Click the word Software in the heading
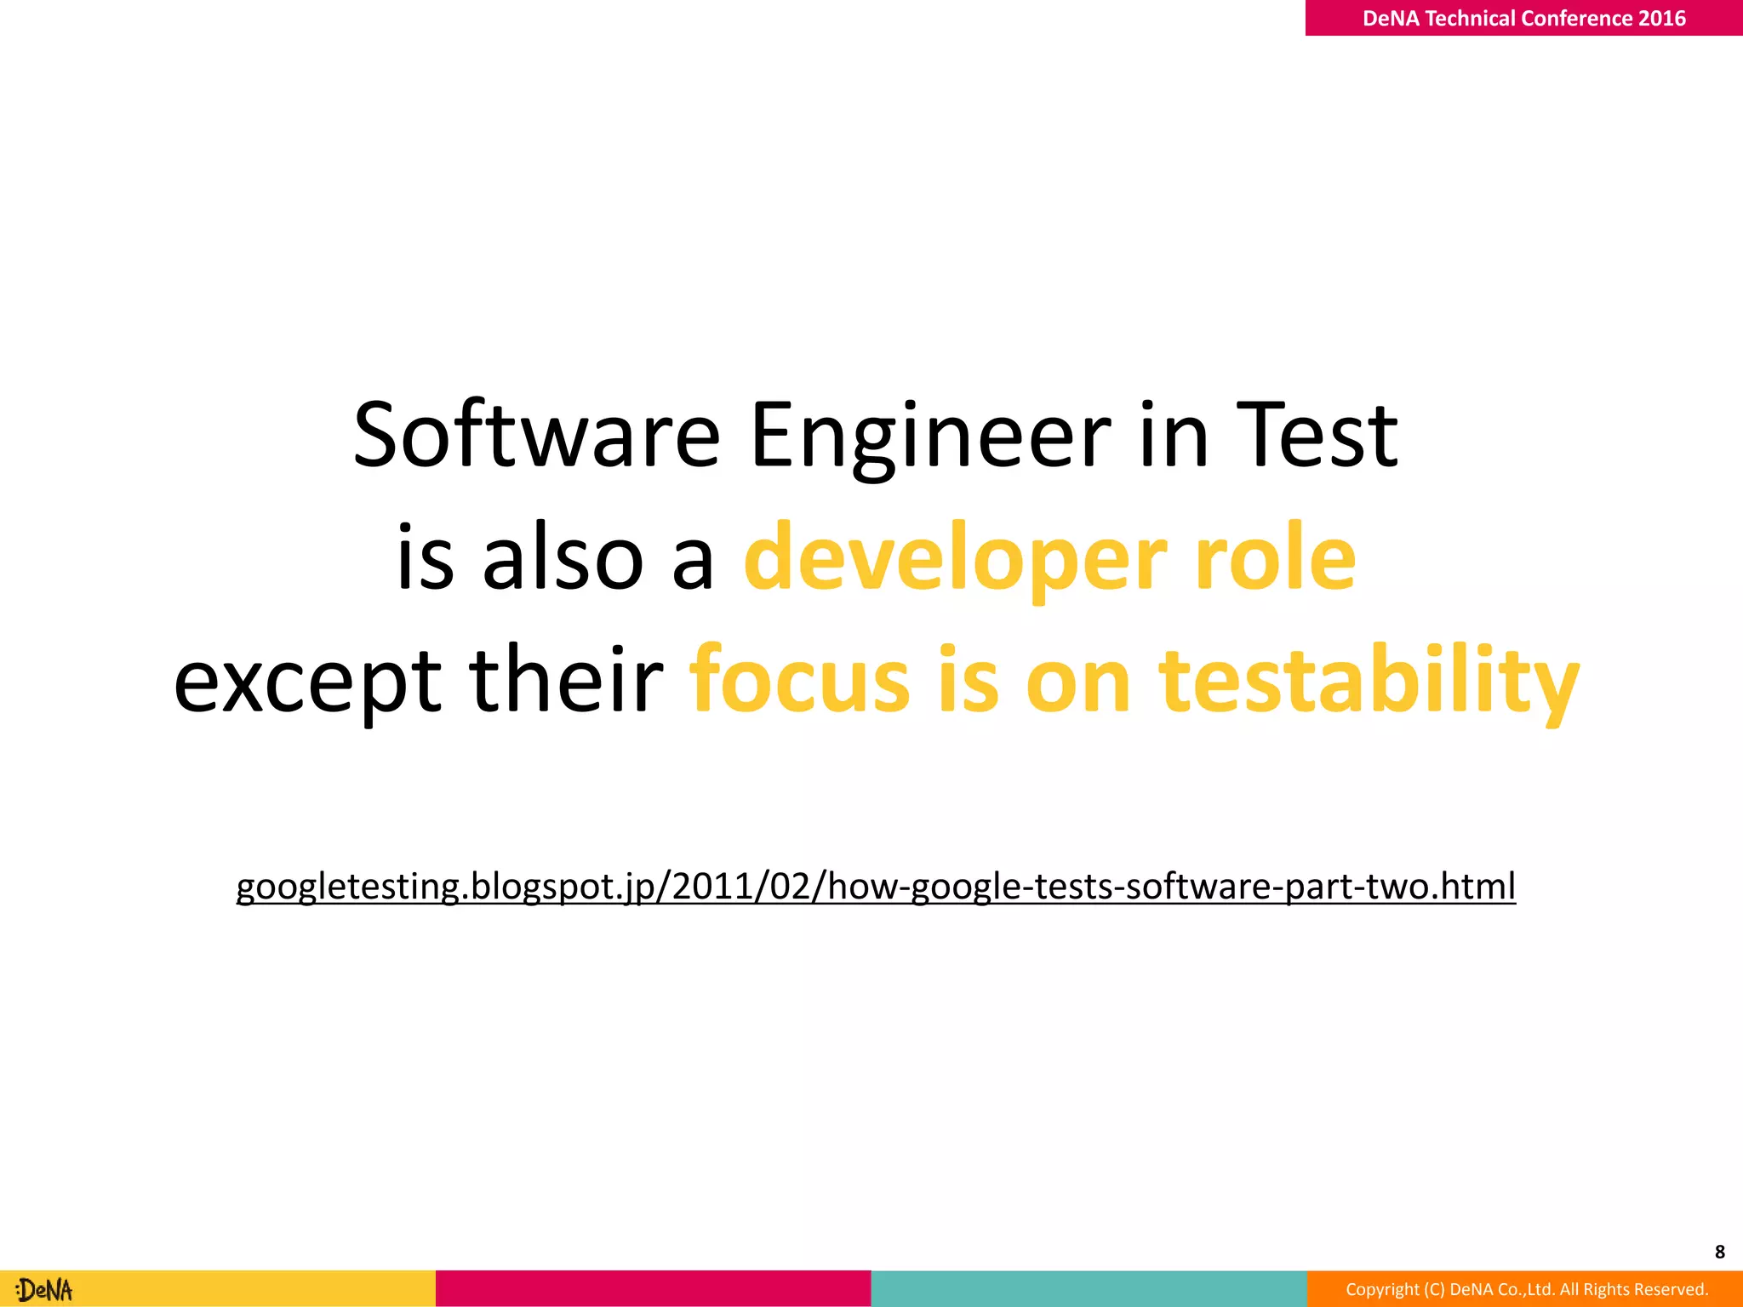(x=537, y=436)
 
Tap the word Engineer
(x=930, y=436)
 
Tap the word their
(x=566, y=679)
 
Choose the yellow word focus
(x=800, y=679)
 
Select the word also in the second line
(x=563, y=558)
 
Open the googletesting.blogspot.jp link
(x=876, y=887)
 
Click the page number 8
(x=1719, y=1252)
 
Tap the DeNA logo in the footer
(x=45, y=1290)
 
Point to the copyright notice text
(x=1527, y=1289)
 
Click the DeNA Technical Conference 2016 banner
(x=1523, y=18)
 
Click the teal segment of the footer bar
(x=1089, y=1289)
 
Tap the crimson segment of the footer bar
(x=653, y=1289)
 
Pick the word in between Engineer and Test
(x=1174, y=436)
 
